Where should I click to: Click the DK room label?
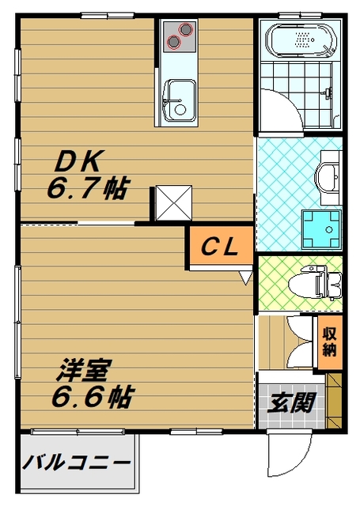(x=78, y=163)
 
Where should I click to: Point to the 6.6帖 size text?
(x=91, y=395)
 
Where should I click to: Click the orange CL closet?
(x=220, y=247)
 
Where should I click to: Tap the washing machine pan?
(x=323, y=227)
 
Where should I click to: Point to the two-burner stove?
(x=179, y=36)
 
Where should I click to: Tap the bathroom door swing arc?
(x=277, y=111)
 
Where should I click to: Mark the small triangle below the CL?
(x=246, y=278)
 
